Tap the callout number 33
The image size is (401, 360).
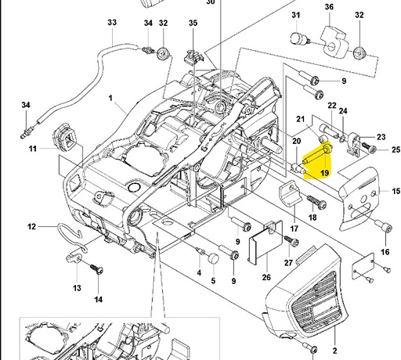click(x=112, y=23)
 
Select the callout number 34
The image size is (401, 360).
click(x=26, y=106)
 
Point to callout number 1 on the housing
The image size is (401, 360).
click(x=110, y=99)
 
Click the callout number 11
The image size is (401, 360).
click(x=32, y=148)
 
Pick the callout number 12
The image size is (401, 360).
click(x=32, y=227)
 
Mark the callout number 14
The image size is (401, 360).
click(x=99, y=298)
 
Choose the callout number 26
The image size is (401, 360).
click(x=266, y=276)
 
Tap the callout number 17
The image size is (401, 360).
click(x=294, y=229)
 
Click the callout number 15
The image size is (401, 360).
click(x=395, y=190)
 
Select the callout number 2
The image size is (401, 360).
click(x=334, y=351)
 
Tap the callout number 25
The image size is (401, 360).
click(x=395, y=149)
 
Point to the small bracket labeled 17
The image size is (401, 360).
click(x=293, y=194)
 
